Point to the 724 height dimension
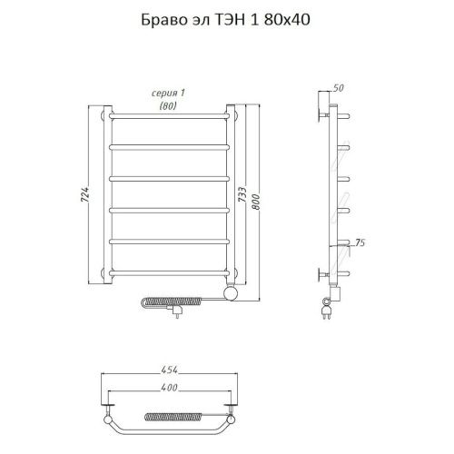(87, 194)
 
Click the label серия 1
(166, 94)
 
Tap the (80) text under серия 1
(167, 105)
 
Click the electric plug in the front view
(176, 313)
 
